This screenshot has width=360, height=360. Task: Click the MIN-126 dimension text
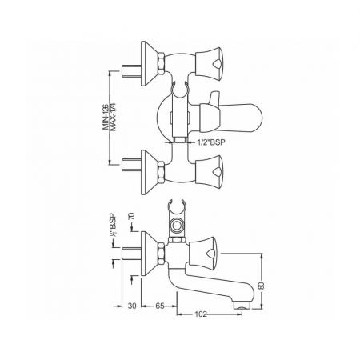106,118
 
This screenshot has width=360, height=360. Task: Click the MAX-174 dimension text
113,118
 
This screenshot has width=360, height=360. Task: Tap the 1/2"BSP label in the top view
211,142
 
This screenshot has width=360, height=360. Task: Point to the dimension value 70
132,216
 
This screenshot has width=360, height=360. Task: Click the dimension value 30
132,306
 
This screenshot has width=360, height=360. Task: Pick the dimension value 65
159,306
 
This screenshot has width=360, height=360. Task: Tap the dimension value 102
201,314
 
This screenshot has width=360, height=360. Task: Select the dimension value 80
262,286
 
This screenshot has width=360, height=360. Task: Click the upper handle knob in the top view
209,65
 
